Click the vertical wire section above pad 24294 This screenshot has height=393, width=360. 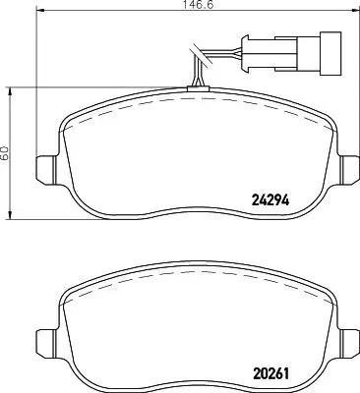coord(196,75)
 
